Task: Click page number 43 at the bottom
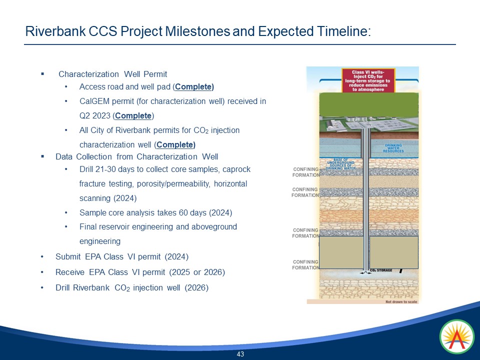pos(240,354)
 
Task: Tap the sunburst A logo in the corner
pos(456,337)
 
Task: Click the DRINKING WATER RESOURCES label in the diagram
pos(393,148)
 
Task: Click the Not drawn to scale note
pos(400,302)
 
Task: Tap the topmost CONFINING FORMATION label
pos(305,172)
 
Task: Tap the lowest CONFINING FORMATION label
pos(305,264)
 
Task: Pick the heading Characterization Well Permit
pos(112,74)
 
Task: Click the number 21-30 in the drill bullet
pos(107,169)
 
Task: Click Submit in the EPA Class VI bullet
pos(68,257)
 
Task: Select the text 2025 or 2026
pos(197,272)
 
